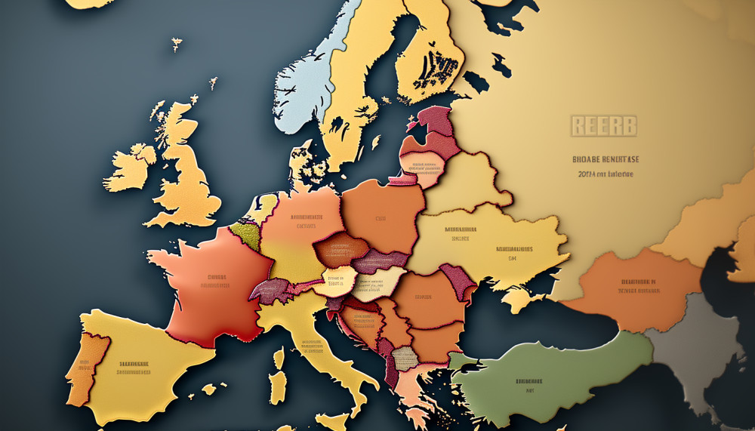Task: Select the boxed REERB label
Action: click(603, 125)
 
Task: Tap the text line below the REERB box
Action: click(602, 159)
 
